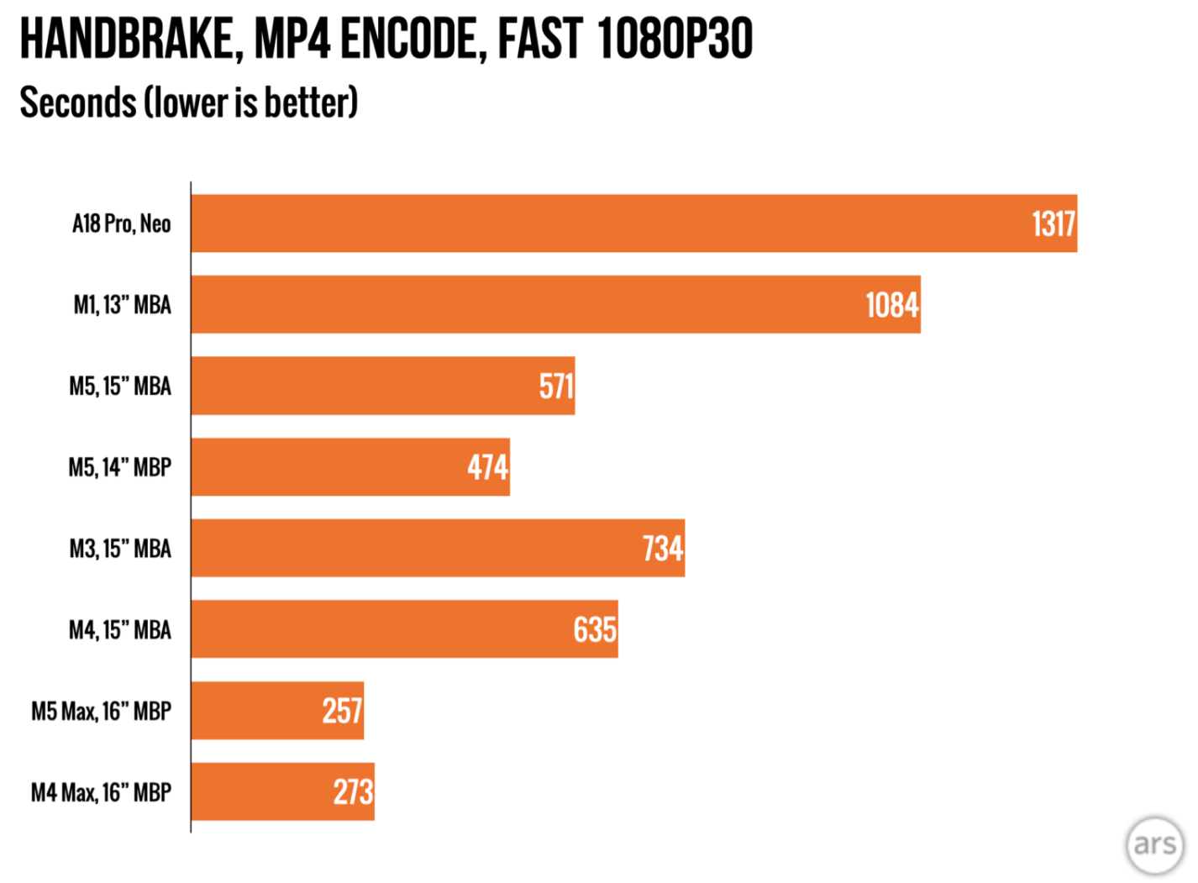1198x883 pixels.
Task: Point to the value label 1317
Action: click(x=1054, y=224)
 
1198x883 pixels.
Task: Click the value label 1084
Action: click(x=892, y=305)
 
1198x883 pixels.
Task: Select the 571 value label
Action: click(x=556, y=386)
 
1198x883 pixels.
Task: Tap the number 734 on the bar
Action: click(x=663, y=549)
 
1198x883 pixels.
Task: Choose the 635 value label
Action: click(x=595, y=630)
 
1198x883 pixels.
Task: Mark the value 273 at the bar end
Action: click(x=353, y=792)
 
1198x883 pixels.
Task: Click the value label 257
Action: click(x=342, y=712)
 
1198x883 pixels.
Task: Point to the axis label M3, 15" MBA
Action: click(x=120, y=549)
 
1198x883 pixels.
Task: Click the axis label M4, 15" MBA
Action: click(x=120, y=630)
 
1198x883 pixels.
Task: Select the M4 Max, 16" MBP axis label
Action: click(x=102, y=792)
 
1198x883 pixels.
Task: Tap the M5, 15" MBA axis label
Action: click(x=120, y=386)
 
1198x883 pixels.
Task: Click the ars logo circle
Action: click(x=1155, y=844)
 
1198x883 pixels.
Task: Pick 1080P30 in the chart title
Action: click(x=675, y=39)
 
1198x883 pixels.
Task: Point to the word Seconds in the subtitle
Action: click(x=78, y=103)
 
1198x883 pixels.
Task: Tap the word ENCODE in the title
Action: click(x=413, y=39)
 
